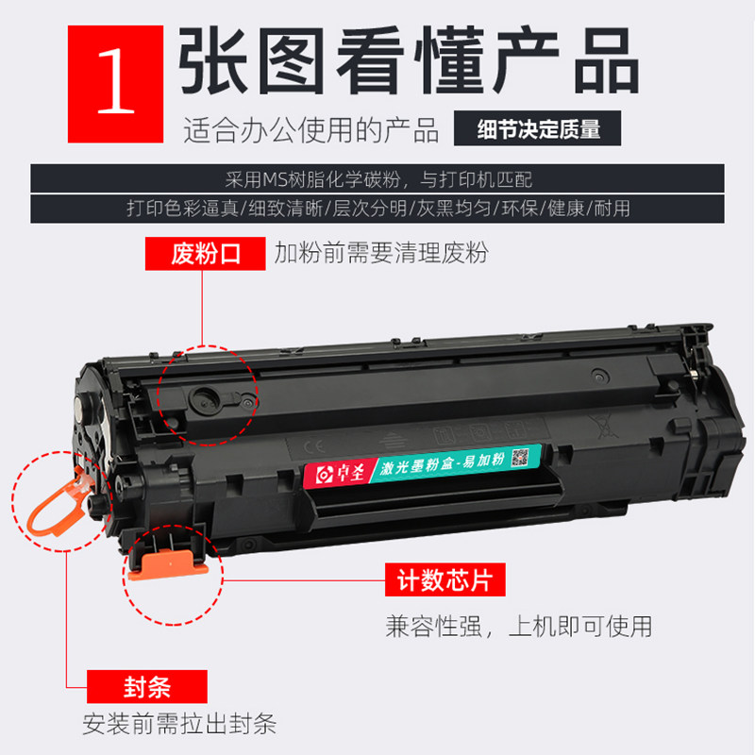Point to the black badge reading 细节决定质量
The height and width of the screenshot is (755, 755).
click(539, 130)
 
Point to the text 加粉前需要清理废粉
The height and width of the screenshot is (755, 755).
click(381, 253)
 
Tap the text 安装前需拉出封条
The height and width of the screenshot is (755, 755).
click(179, 725)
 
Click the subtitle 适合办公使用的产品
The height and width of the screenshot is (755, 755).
click(311, 130)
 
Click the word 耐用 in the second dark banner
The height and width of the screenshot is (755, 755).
click(611, 207)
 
